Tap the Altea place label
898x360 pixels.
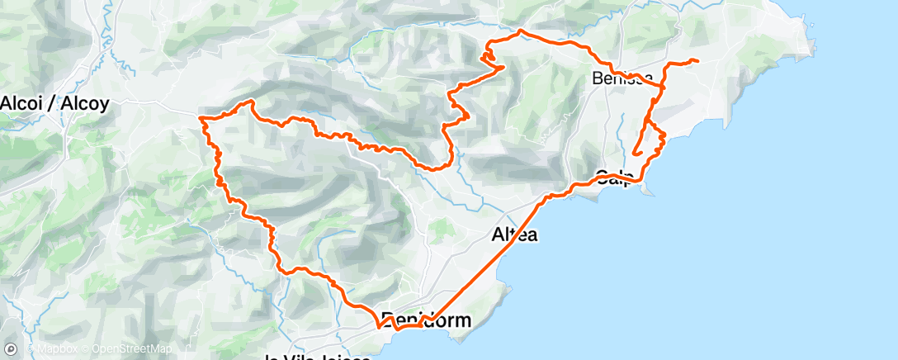tap(514, 234)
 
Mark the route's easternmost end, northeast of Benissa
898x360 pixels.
tap(698, 61)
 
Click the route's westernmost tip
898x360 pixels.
tap(201, 119)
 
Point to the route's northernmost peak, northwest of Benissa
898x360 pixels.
tap(520, 31)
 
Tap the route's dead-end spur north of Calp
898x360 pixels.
tap(635, 153)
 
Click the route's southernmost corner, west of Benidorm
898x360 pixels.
tap(379, 326)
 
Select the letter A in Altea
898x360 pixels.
tap(498, 234)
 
